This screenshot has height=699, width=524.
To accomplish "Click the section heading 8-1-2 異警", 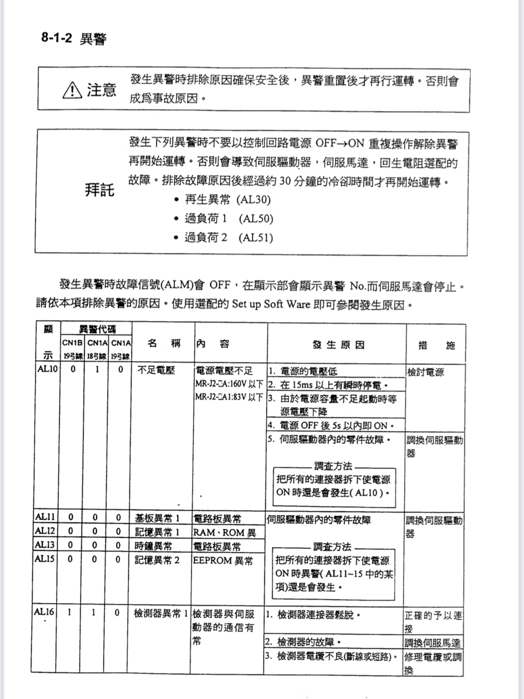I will point(74,39).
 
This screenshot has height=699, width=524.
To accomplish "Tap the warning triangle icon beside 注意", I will point(72,90).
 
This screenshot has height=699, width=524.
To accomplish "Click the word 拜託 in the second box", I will point(100,190).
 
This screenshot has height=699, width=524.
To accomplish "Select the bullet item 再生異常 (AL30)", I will point(227,199).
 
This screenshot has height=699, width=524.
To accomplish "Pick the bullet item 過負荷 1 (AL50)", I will point(228,219).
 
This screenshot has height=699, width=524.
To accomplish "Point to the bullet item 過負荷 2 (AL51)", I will point(228,238).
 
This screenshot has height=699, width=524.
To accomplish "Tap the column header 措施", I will point(436,346).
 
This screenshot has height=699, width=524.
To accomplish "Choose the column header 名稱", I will point(164,344).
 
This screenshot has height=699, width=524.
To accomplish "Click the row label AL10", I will point(48,369).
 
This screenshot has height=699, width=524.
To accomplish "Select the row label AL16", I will point(44,611).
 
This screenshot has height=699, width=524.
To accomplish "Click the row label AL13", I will point(45,544).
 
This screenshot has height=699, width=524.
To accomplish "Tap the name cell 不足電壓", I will point(156,370).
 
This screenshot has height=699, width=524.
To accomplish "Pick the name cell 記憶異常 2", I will point(157,560).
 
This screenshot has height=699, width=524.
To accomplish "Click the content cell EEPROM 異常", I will point(223,560).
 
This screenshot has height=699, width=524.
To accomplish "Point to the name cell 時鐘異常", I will point(153,546).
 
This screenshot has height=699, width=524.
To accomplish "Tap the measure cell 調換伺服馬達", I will point(432,643).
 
